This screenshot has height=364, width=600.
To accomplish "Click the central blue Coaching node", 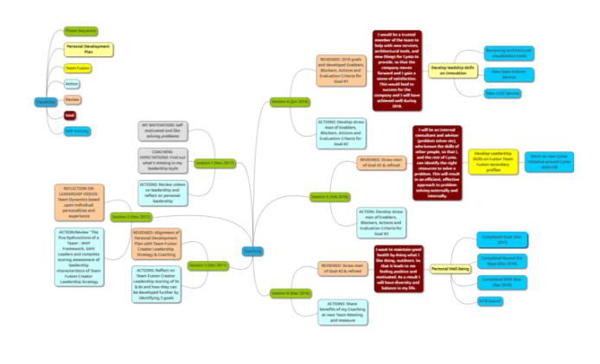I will coord(252,251).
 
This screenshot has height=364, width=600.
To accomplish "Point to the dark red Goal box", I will coord(70,115).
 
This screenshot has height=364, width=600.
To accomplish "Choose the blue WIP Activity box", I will coord(76,131).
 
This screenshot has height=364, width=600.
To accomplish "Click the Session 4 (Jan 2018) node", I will coord(290,101).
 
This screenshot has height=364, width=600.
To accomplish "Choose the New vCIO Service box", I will coord(501,93).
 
